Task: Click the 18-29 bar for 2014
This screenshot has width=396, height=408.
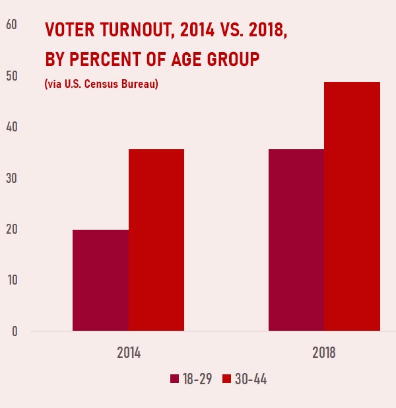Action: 100,280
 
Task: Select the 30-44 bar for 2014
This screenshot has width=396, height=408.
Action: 156,240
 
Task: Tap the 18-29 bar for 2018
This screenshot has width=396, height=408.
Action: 296,240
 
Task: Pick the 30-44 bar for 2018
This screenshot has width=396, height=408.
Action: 352,206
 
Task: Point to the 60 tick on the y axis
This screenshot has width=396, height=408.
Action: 11,25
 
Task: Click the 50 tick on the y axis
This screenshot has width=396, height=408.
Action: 11,77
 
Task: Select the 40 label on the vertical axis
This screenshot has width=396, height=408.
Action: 11,127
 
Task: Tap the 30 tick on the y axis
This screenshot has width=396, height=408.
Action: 11,178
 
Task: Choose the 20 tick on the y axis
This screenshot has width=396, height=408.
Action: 11,230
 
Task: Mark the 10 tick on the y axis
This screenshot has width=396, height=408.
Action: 11,281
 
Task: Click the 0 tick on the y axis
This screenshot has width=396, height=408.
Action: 14,331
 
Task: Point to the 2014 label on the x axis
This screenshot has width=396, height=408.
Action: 128,352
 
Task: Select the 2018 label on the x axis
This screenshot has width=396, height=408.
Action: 324,352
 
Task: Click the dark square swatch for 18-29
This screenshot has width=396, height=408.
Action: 175,379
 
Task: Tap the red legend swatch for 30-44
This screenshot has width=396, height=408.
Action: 226,379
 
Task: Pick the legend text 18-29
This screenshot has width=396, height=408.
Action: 197,379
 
